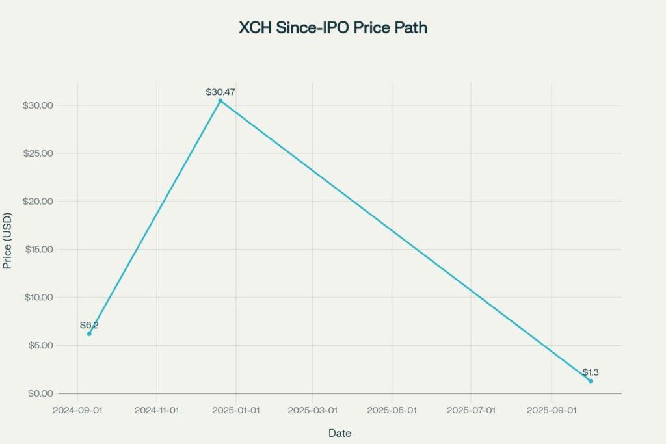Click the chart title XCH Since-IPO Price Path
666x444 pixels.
click(333, 29)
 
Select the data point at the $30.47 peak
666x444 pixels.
click(220, 101)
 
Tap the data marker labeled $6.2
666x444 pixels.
click(89, 333)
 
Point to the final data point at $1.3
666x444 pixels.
click(591, 381)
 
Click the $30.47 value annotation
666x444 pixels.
click(220, 92)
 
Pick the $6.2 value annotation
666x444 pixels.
click(89, 325)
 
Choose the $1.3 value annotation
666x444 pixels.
click(591, 372)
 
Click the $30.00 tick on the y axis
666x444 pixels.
click(39, 105)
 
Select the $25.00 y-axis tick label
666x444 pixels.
click(39, 153)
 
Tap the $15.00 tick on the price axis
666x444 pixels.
click(39, 250)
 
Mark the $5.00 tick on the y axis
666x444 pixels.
click(42, 345)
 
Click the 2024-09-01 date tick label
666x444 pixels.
click(77, 410)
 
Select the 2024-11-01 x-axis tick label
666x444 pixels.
click(157, 410)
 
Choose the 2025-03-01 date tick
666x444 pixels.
click(312, 410)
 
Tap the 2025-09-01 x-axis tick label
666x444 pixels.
click(552, 410)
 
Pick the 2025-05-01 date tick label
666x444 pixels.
click(392, 410)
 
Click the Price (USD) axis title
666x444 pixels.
click(8, 241)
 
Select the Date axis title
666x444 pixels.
click(340, 433)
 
